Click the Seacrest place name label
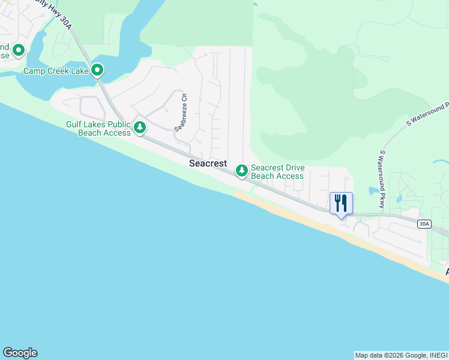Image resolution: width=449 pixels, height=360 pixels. [208, 163]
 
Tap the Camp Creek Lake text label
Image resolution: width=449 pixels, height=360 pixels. [56, 71]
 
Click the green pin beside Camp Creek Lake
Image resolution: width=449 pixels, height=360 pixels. [97, 71]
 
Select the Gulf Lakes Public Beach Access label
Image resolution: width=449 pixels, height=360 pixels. [98, 129]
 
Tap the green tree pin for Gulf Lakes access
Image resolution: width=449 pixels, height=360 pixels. [140, 127]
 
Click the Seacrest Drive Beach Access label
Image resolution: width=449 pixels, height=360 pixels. [277, 172]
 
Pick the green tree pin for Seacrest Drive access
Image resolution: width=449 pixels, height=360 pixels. [241, 171]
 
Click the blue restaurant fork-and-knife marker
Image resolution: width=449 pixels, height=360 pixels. [341, 203]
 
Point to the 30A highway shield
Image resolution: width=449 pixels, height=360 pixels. [424, 224]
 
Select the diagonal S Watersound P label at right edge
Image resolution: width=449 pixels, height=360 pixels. [427, 113]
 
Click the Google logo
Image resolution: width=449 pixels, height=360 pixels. [20, 353]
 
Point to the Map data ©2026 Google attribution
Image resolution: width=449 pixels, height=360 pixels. [401, 355]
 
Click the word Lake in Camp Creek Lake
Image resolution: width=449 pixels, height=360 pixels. [77, 71]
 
